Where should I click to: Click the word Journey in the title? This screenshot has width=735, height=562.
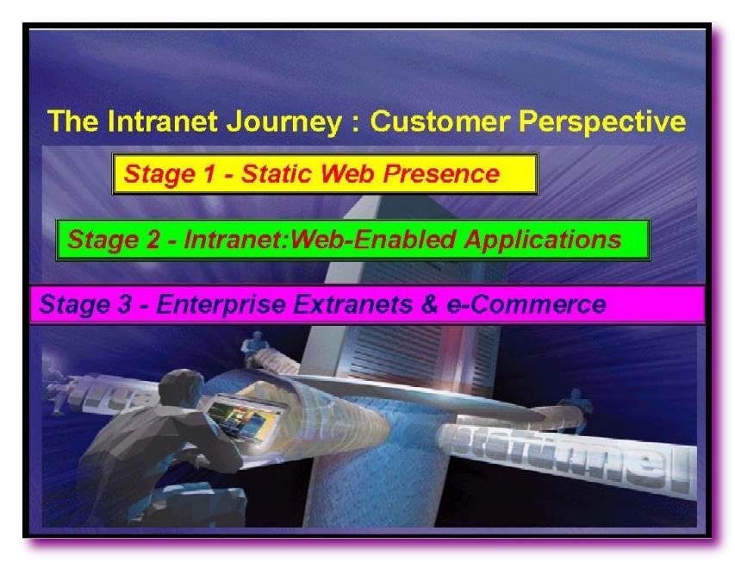[283, 122]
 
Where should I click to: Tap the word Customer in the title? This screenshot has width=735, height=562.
[439, 121]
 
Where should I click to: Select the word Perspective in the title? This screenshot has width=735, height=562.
[602, 122]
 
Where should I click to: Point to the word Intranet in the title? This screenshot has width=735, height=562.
[162, 121]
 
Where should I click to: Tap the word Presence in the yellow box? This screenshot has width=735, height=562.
[441, 173]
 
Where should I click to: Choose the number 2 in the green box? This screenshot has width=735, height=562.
[153, 240]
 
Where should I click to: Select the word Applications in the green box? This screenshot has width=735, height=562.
[543, 240]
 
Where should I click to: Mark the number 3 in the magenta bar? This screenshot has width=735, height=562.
[124, 304]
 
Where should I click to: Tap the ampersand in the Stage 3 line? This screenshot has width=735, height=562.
[429, 304]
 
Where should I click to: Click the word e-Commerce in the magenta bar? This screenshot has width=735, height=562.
[526, 304]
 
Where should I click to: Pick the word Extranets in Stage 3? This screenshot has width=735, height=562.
[353, 304]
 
